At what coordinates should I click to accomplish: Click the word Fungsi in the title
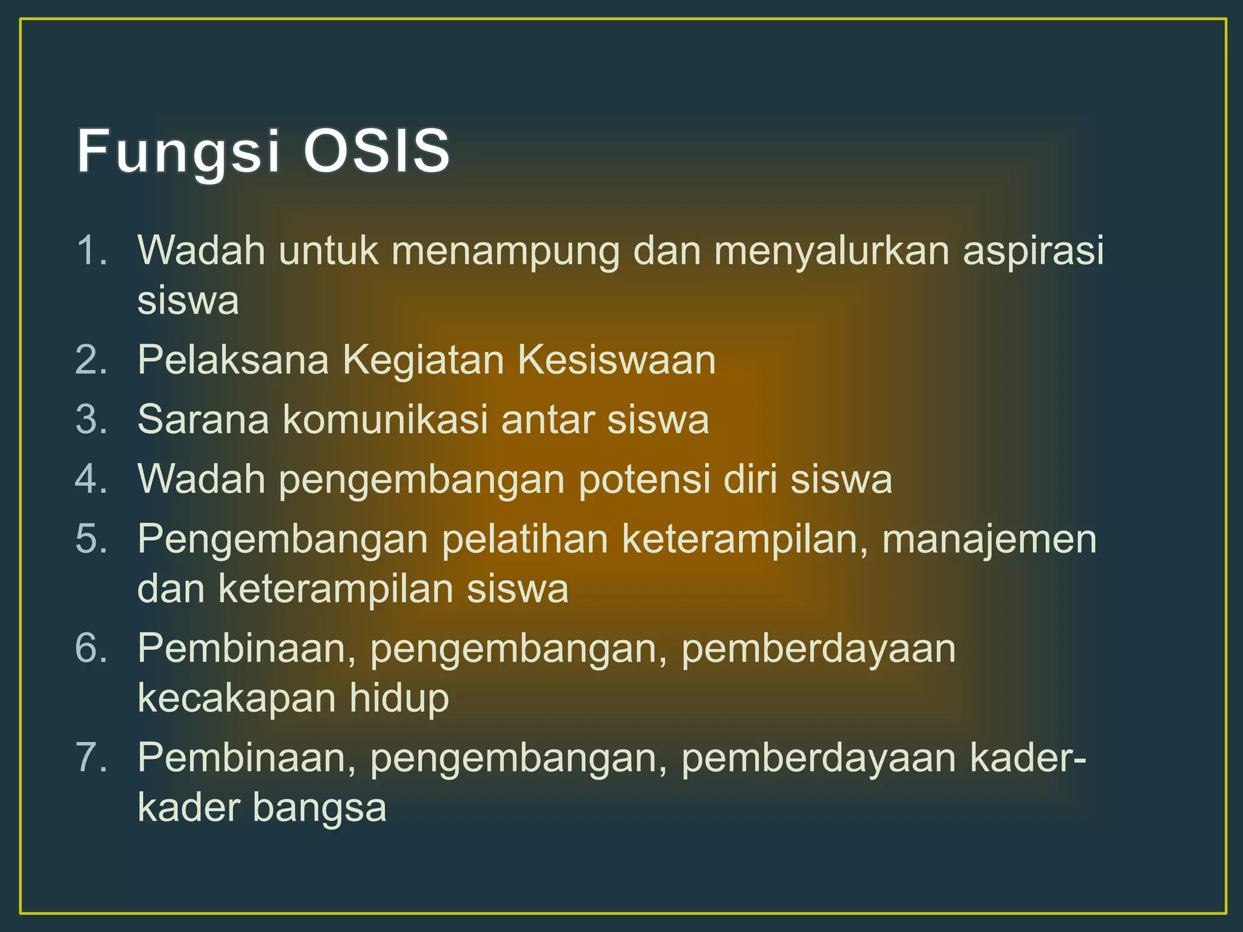[178, 152]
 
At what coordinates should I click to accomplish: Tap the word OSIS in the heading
[376, 151]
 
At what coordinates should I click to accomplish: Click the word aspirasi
[1033, 251]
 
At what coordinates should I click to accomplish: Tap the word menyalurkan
[831, 251]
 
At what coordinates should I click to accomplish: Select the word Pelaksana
[233, 360]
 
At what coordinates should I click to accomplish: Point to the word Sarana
[203, 419]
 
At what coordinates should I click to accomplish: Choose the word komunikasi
[385, 419]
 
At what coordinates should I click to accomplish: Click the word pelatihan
[525, 539]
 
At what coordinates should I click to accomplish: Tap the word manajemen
[989, 539]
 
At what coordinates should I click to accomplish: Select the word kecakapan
[237, 698]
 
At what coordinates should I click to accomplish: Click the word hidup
[399, 698]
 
